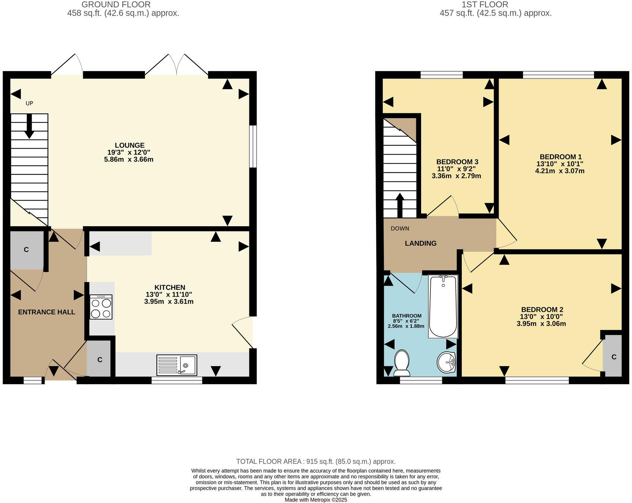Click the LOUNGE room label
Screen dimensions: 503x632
[x=129, y=145]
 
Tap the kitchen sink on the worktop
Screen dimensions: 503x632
[x=177, y=365]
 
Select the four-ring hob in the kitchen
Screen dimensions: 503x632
[x=101, y=307]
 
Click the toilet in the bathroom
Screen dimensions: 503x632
[x=402, y=363]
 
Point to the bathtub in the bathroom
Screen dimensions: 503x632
[x=443, y=306]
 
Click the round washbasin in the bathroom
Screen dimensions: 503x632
[x=446, y=362]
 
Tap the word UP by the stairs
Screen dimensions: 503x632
[x=29, y=103]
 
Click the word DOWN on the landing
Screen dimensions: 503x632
[x=400, y=228]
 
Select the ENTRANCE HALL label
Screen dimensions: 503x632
[x=47, y=312]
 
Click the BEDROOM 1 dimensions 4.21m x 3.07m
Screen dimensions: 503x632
[x=559, y=171]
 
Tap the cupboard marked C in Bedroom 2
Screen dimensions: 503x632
[x=613, y=357]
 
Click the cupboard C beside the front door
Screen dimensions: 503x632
[x=99, y=360]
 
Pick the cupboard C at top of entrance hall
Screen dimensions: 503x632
[x=26, y=250]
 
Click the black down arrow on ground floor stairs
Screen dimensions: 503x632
[x=29, y=127]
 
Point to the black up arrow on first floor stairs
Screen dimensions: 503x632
[x=400, y=205]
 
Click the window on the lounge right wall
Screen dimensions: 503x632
[x=253, y=146]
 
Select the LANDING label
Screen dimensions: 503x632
[x=420, y=243]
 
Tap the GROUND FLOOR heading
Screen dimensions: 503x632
[x=116, y=5]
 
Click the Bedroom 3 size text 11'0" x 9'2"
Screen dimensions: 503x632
[x=457, y=169]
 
